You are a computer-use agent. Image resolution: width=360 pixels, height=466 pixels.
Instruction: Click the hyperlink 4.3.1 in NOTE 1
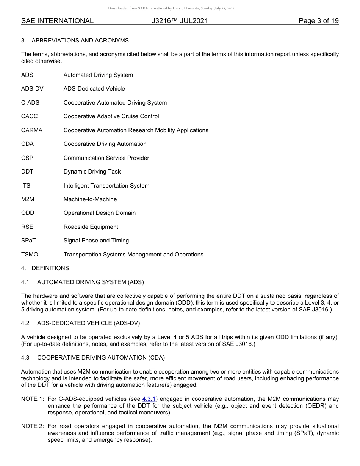(149, 399)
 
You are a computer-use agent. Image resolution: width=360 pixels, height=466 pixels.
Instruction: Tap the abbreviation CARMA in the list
(32, 130)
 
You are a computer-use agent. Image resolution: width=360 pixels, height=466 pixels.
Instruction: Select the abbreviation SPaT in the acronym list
(28, 241)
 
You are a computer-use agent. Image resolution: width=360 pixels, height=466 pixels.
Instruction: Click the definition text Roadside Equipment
(91, 227)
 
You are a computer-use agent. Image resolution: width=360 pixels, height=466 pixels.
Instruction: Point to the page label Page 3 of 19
(318, 21)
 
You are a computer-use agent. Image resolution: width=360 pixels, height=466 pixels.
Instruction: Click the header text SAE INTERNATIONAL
(57, 21)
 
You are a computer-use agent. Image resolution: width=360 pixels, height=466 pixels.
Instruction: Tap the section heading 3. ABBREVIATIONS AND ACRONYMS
(75, 41)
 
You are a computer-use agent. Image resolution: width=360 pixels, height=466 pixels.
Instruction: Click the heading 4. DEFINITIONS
(45, 268)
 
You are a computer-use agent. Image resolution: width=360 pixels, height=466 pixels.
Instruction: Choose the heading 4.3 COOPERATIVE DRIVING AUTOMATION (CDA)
(93, 358)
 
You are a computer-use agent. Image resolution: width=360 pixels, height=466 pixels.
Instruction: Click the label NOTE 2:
(33, 427)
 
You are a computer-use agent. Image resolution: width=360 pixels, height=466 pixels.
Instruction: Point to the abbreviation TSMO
(30, 255)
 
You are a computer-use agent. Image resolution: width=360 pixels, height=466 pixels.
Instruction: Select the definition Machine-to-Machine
(90, 199)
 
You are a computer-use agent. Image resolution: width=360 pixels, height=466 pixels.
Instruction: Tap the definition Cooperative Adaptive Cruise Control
(111, 116)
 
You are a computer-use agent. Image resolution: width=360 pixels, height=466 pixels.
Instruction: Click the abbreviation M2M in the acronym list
(28, 199)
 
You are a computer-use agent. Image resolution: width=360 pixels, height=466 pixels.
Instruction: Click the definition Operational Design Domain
(99, 213)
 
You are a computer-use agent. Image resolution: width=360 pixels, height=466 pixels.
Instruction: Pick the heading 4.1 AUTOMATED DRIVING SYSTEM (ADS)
(83, 282)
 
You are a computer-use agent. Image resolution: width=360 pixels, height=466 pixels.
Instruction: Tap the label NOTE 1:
(33, 399)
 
